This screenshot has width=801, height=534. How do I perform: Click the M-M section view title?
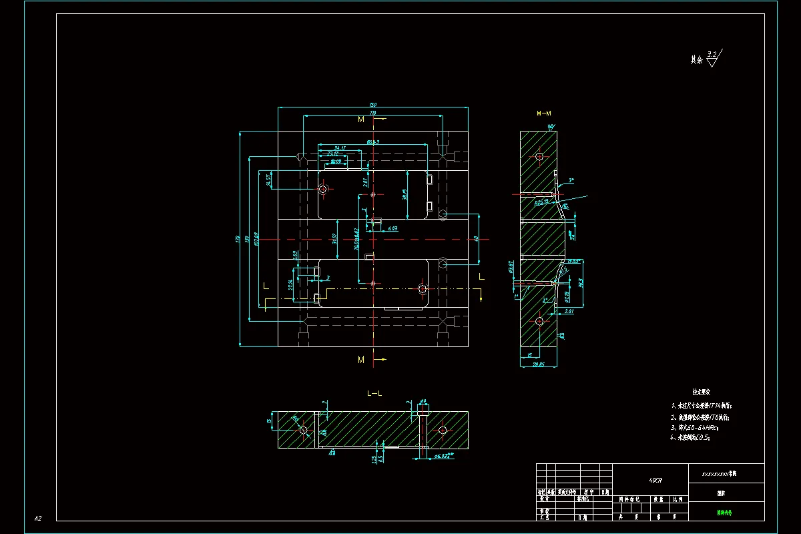tap(545, 114)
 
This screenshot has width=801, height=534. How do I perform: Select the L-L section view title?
tap(374, 393)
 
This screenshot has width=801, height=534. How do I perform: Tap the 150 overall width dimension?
tap(372, 105)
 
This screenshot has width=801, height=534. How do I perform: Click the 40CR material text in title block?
tap(655, 480)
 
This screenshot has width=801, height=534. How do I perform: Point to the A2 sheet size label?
tap(38, 518)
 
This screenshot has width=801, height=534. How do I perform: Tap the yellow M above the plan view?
tap(361, 119)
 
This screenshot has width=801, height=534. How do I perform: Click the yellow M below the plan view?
tap(361, 360)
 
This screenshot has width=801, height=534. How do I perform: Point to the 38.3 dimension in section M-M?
tap(580, 282)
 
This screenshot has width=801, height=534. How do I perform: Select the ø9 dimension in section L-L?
tap(423, 402)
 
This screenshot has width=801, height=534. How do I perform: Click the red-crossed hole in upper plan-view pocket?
tap(324, 190)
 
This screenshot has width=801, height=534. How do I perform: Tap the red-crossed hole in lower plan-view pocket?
tap(423, 289)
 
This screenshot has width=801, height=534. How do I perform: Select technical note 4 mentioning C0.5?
tap(690, 438)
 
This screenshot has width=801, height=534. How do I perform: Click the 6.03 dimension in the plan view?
tap(392, 228)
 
